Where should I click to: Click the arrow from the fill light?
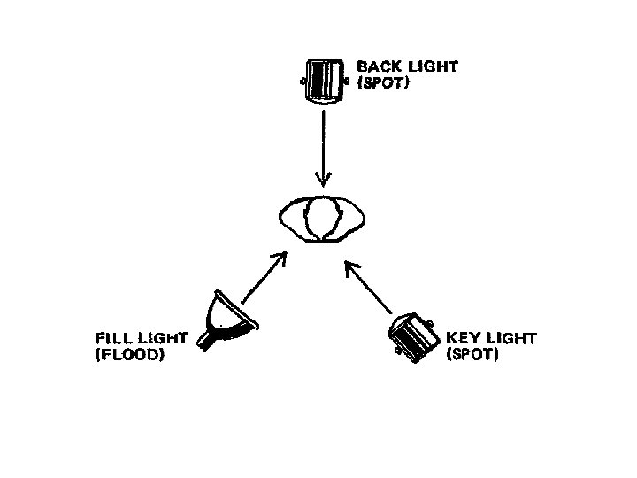(x=264, y=277)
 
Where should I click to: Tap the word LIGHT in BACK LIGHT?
(x=433, y=66)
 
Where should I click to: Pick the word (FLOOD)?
(x=129, y=357)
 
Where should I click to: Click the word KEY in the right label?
(x=464, y=338)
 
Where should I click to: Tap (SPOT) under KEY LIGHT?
(x=473, y=356)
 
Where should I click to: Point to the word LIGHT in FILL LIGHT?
(x=161, y=338)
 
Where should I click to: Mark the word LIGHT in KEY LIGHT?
(x=511, y=338)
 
